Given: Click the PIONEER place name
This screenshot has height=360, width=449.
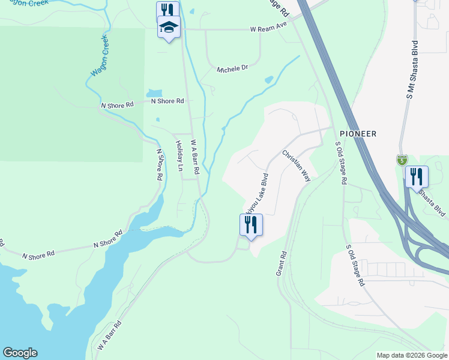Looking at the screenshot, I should pos(358,133).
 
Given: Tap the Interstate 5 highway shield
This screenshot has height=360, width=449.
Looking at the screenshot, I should pos(402,160).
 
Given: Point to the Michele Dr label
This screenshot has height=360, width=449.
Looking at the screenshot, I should pos(232,70).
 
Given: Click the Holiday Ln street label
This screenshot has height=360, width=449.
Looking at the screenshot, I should pos(178,156).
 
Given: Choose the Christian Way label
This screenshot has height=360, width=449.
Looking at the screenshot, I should pos(297,166).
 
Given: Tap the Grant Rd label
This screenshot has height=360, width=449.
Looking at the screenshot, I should pos(280,263).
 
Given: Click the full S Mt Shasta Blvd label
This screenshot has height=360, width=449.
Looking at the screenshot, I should pos(412,70).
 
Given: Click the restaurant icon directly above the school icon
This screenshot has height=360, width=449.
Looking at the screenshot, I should pos(167,10).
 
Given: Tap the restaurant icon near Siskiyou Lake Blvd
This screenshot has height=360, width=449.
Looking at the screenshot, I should pos(251,224).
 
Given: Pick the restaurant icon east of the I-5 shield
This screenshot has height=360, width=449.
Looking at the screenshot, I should pos(417,176).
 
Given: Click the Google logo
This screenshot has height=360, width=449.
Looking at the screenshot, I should pos(20,353).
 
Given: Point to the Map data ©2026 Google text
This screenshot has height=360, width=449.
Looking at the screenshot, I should pos(411,355).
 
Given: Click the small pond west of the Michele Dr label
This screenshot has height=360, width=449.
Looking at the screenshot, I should pos(153,94).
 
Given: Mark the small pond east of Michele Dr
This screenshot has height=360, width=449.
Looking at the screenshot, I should pos(269,79).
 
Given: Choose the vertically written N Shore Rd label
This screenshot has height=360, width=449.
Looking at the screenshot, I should pos(159,165).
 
